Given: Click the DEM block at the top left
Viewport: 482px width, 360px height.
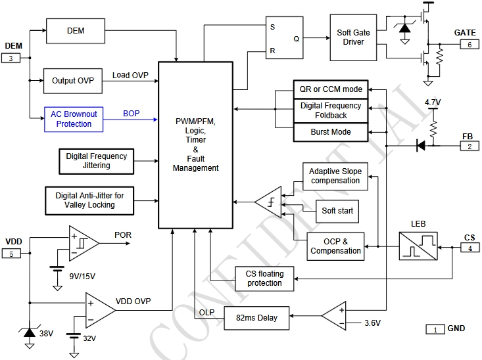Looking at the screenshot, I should click(x=76, y=31).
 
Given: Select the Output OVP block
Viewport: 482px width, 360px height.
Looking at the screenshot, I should click(x=72, y=81).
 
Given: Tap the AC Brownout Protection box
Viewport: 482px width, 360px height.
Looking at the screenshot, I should click(x=74, y=119).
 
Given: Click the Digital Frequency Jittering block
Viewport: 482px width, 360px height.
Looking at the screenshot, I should click(x=97, y=161).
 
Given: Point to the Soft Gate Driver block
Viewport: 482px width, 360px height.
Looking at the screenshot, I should click(x=353, y=37).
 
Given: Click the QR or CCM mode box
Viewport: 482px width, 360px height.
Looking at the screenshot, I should click(x=331, y=89).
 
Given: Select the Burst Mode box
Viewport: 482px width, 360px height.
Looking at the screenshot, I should click(x=331, y=132).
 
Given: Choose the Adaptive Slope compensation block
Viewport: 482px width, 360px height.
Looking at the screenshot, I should click(x=335, y=176).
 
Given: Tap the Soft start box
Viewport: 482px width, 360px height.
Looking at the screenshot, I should click(x=337, y=211).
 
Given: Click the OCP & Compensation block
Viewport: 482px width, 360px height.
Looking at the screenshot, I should click(x=335, y=246).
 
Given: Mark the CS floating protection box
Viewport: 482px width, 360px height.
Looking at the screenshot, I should click(x=264, y=279).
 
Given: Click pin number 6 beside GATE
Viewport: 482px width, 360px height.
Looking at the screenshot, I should click(x=470, y=45).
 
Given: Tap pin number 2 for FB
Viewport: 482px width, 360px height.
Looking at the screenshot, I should click(x=470, y=146).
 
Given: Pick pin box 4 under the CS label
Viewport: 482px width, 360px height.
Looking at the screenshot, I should click(x=470, y=248).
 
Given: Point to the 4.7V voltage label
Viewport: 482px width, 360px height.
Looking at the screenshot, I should click(x=433, y=103).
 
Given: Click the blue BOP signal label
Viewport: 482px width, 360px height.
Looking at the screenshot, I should click(x=132, y=114).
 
